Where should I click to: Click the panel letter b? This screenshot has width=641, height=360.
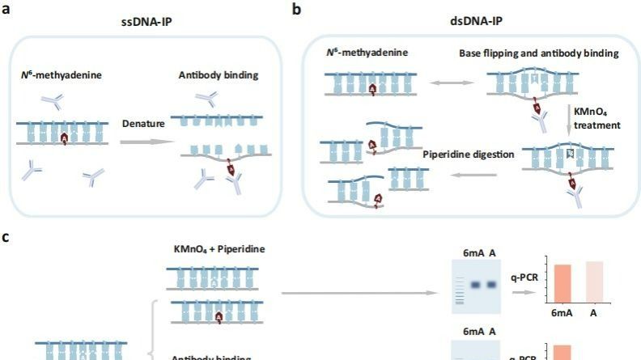tap(297, 10)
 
